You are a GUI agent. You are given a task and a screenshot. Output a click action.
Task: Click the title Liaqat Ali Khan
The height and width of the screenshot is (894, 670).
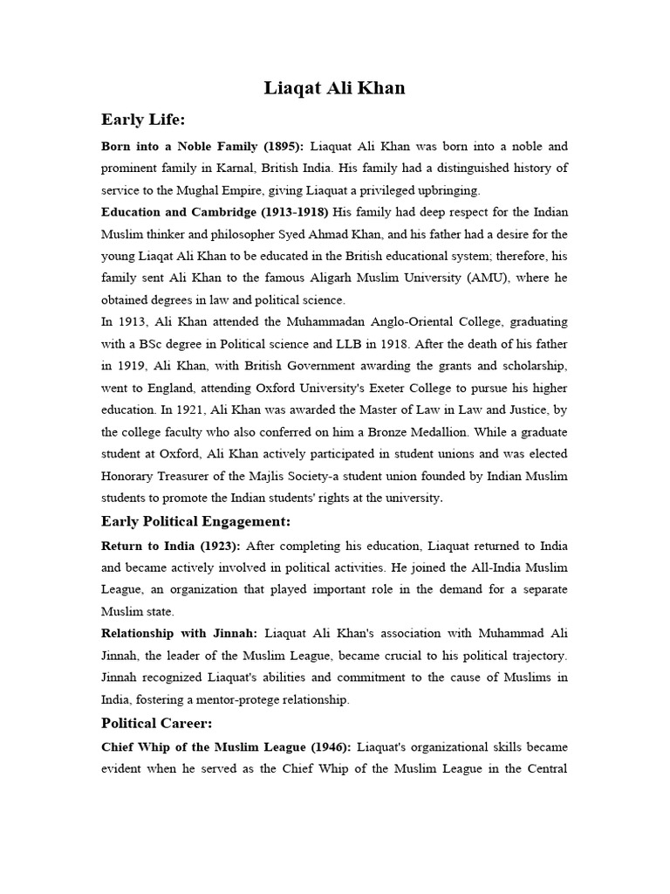[335, 88]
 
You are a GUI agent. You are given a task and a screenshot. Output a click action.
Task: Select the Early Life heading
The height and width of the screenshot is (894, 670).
[143, 120]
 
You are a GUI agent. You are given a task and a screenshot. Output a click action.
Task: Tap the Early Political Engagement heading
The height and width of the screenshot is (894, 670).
[195, 521]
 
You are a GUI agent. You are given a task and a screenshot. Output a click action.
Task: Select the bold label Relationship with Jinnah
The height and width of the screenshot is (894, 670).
[179, 632]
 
